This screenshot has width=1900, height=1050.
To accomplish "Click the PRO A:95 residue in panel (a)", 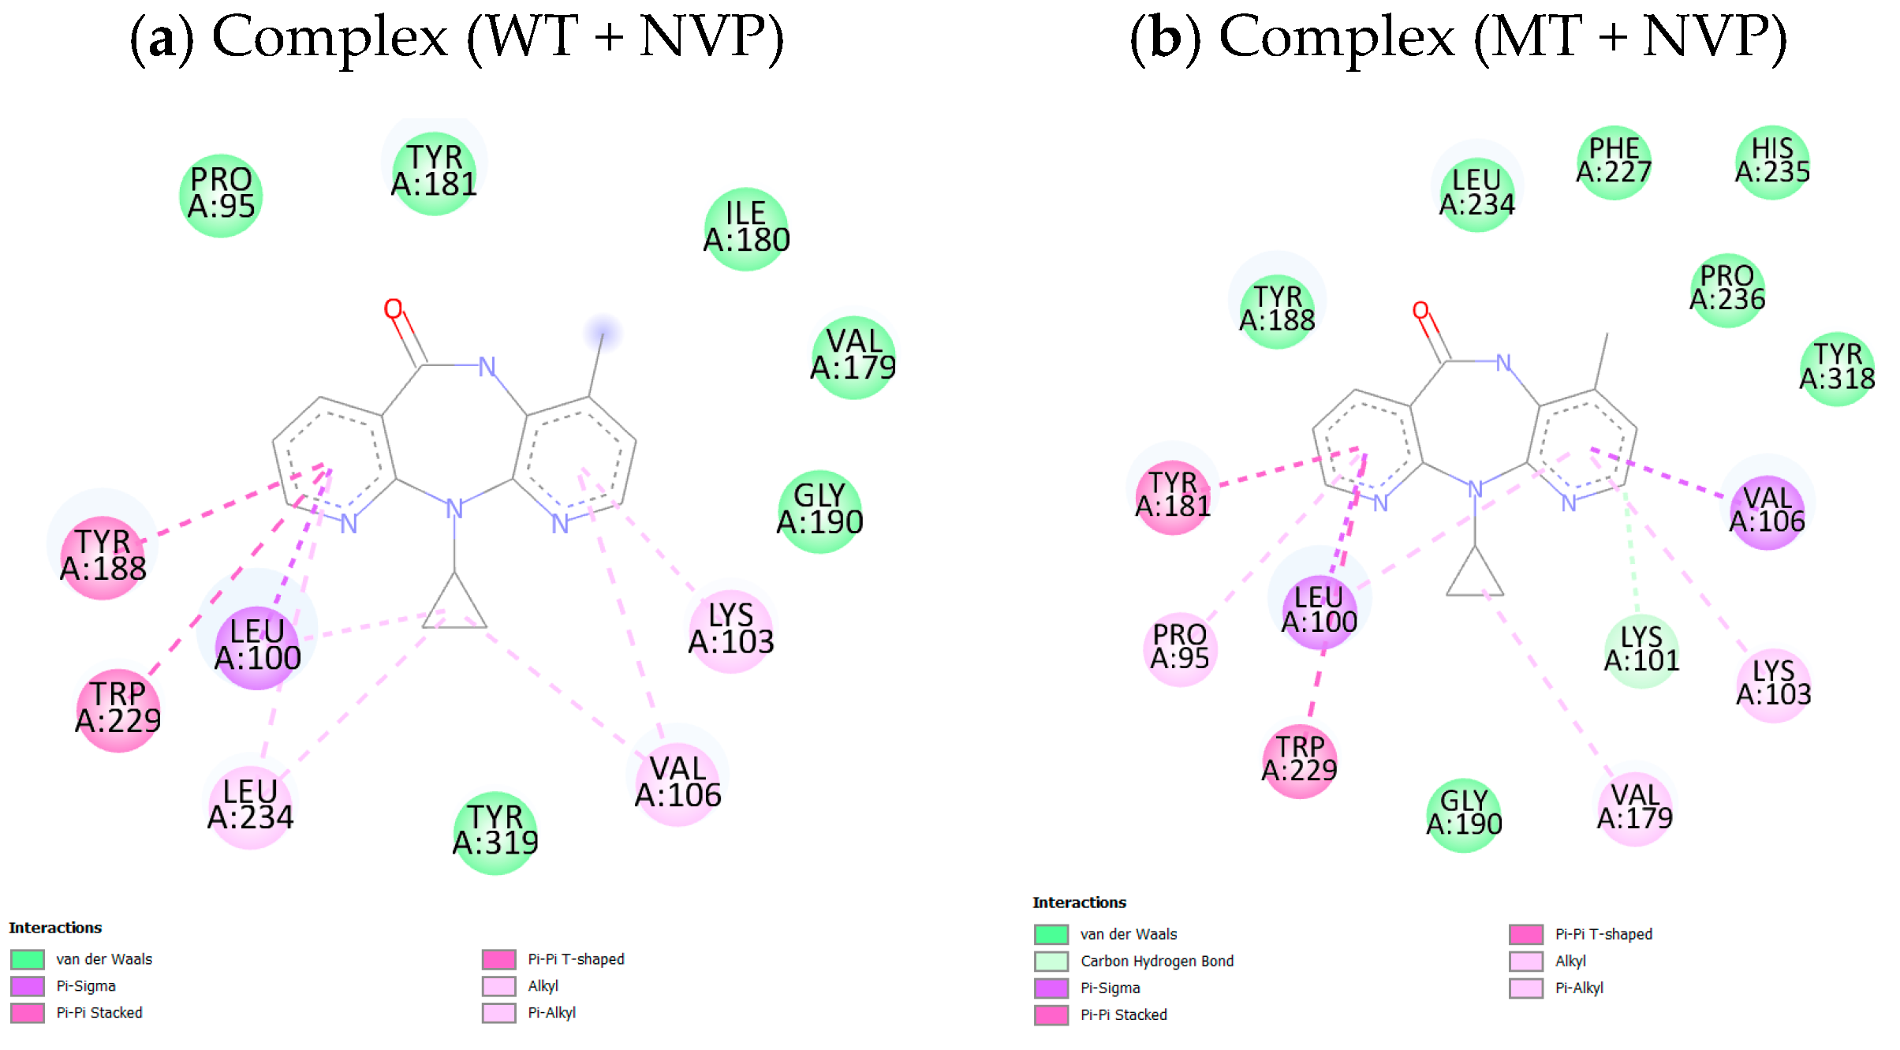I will [x=221, y=195].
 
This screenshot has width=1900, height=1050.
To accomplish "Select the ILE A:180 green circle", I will [x=745, y=229].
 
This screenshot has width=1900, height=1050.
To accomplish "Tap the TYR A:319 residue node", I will [x=495, y=832].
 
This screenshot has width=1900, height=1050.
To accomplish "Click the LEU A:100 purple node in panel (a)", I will [x=257, y=647].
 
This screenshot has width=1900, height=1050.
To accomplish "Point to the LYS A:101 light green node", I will [x=1641, y=650].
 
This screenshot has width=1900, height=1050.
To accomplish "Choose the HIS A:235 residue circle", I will [x=1772, y=162].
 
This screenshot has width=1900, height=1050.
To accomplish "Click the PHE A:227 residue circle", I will [x=1614, y=162].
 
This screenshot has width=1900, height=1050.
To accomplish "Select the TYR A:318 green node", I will [x=1837, y=368].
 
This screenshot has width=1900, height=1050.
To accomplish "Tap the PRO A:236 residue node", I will [x=1726, y=290].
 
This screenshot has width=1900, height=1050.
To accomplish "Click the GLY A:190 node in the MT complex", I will [x=1464, y=815].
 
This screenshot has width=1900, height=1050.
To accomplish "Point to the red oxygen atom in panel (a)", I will [x=393, y=308].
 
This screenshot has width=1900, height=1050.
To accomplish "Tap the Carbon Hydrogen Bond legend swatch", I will [x=1051, y=961].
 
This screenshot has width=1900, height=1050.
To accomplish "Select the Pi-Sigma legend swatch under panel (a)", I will [x=28, y=986].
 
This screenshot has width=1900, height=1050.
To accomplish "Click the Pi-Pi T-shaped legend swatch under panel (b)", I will [x=1526, y=934].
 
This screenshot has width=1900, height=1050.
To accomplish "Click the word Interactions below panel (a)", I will [x=55, y=928].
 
